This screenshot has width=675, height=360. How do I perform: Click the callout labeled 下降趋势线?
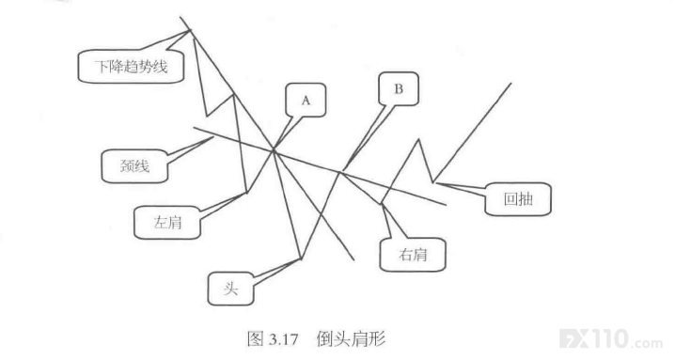[131, 67]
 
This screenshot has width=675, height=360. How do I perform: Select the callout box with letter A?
[306, 100]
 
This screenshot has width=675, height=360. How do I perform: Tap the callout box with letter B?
[399, 88]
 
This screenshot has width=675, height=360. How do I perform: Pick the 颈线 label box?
[134, 166]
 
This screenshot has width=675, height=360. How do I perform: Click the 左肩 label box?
[167, 223]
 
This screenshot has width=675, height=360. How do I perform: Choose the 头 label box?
[230, 289]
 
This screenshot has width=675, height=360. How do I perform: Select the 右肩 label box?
[413, 255]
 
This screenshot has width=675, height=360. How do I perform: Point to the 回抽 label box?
[518, 199]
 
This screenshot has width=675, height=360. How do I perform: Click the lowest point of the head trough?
[301, 259]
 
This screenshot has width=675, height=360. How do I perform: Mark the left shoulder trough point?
[246, 193]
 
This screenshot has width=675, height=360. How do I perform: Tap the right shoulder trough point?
[381, 203]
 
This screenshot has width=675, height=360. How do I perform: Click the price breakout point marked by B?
[340, 172]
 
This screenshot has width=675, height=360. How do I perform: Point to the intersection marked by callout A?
[274, 149]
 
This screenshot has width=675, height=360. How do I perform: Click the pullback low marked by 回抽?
[433, 182]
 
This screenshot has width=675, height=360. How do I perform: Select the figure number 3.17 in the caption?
[283, 339]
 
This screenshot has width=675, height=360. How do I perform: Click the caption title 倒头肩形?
[351, 339]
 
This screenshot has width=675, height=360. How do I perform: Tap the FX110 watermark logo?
[611, 338]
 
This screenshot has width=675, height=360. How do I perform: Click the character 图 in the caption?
[256, 339]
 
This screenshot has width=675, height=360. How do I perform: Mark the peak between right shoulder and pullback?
[418, 139]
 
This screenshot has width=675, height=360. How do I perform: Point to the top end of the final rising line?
[511, 83]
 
